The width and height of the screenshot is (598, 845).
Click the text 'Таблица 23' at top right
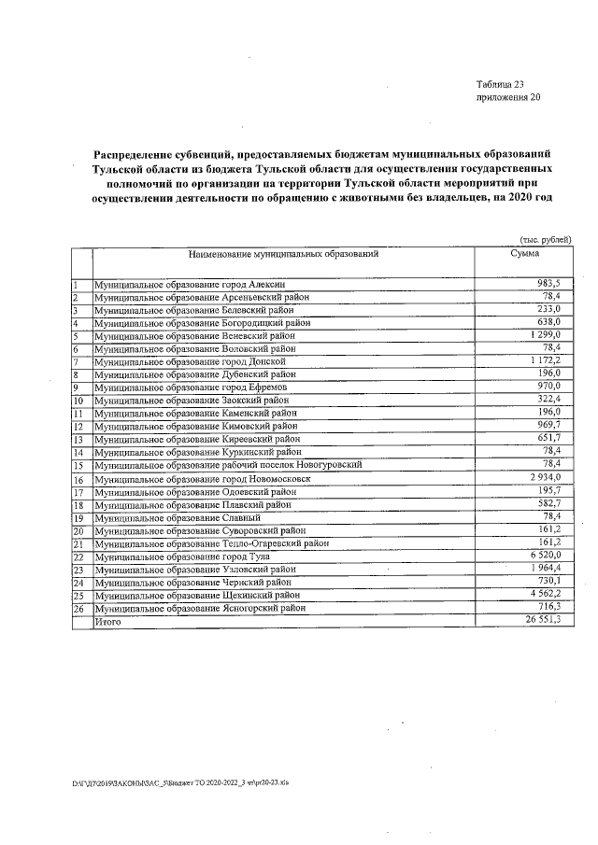pos(501,84)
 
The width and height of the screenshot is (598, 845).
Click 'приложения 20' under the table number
pos(508,97)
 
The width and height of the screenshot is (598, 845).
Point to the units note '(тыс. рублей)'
pos(545,240)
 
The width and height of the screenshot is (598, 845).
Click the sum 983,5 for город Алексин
pos(546,283)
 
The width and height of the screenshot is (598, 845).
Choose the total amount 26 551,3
pos(540,620)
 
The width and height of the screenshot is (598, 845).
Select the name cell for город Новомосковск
pos(209,479)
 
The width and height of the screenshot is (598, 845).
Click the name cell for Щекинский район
pos(198,595)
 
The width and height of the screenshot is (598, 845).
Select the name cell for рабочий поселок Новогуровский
pos(229,465)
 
